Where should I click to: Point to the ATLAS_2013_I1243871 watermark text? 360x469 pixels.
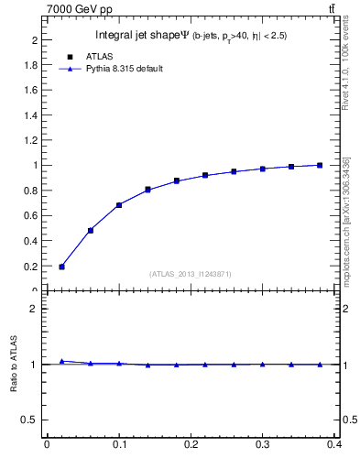(191, 274)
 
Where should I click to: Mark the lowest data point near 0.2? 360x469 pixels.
(61, 267)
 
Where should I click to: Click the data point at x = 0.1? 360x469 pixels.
(119, 205)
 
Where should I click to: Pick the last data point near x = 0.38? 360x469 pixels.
(320, 165)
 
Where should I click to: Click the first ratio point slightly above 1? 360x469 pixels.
(61, 361)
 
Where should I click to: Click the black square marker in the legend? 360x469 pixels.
(70, 56)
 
